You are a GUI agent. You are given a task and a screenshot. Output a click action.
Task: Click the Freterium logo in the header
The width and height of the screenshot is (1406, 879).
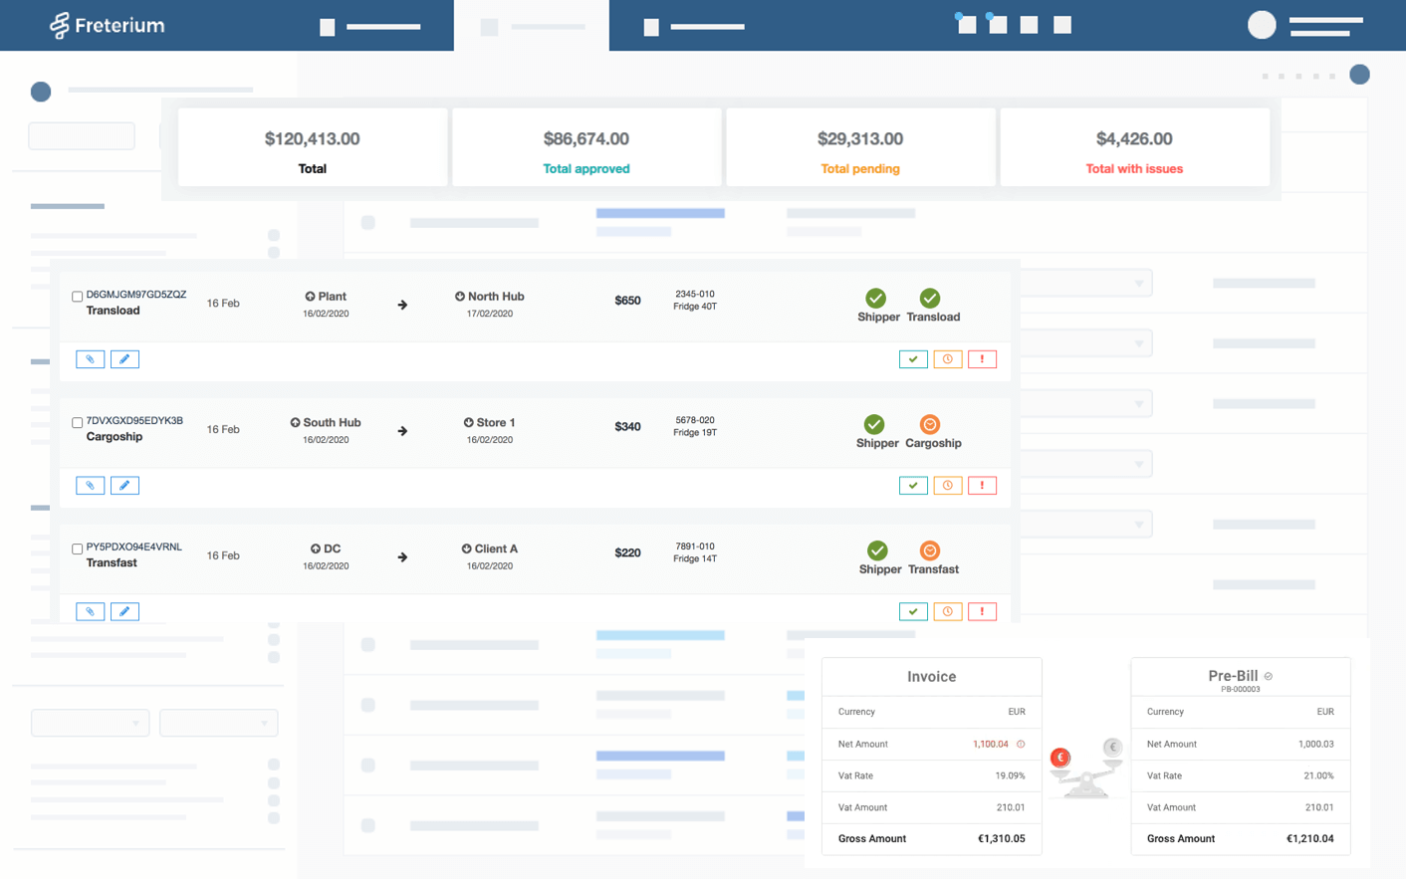[107, 25]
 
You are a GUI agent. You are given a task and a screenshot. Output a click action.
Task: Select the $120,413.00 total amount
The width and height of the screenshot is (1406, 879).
[312, 138]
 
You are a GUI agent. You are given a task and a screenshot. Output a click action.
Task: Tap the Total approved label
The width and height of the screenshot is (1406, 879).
[586, 168]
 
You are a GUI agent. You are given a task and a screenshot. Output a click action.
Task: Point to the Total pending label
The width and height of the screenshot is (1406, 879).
[859, 168]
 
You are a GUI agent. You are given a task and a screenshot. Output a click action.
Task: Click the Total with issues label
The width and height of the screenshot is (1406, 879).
[1134, 168]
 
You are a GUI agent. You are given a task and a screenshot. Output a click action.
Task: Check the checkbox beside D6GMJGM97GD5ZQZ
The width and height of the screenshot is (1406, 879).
[77, 297]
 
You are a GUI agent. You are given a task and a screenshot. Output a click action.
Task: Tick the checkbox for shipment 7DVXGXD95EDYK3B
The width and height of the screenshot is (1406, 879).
[77, 423]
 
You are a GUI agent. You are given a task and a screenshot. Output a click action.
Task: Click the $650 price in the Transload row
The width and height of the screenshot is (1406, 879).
[627, 301]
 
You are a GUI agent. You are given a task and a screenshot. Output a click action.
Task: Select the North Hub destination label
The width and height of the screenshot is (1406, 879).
[495, 297]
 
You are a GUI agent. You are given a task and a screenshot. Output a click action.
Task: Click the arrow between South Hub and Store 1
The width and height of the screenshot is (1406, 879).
[402, 431]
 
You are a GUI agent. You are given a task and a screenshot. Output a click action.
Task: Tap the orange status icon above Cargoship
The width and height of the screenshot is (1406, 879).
[930, 425]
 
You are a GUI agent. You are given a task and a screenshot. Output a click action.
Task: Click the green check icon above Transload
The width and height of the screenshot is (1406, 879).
[930, 299]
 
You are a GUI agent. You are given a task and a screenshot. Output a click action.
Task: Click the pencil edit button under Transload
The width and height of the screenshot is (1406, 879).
[124, 359]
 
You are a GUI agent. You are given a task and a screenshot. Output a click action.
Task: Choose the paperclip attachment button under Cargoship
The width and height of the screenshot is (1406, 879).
[90, 486]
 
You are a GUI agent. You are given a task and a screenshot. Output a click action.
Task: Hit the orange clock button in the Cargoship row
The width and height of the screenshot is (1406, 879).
[947, 486]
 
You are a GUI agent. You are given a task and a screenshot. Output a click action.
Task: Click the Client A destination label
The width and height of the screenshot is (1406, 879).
[495, 549]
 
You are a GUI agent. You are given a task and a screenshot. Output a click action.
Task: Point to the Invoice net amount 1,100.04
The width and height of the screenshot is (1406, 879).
[990, 744]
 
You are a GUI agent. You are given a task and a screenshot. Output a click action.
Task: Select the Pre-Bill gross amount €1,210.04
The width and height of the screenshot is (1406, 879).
[1309, 839]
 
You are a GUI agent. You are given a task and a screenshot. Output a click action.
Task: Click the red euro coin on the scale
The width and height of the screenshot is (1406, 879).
[1060, 758]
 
